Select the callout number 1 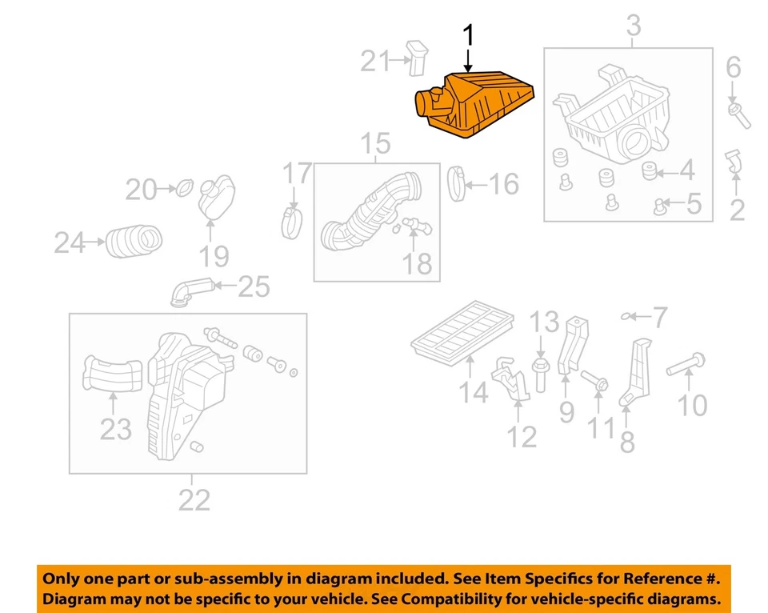[469, 35]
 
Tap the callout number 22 [194, 500]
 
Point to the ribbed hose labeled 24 [134, 241]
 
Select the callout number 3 [632, 26]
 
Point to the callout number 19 [214, 256]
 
